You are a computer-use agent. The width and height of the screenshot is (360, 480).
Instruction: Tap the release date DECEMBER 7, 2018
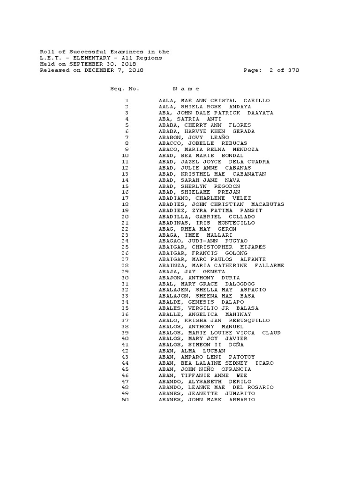(114, 70)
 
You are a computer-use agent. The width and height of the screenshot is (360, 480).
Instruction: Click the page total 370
(293, 70)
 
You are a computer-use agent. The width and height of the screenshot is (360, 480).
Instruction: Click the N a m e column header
(186, 89)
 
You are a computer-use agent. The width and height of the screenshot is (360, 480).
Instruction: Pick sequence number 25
(125, 247)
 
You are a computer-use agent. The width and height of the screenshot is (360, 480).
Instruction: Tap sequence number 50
(125, 399)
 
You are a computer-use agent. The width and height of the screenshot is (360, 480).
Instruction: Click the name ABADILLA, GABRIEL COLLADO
(207, 217)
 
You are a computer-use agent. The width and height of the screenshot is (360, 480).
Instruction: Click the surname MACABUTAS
(267, 204)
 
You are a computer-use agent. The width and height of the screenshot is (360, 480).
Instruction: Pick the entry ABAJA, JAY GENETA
(192, 271)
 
